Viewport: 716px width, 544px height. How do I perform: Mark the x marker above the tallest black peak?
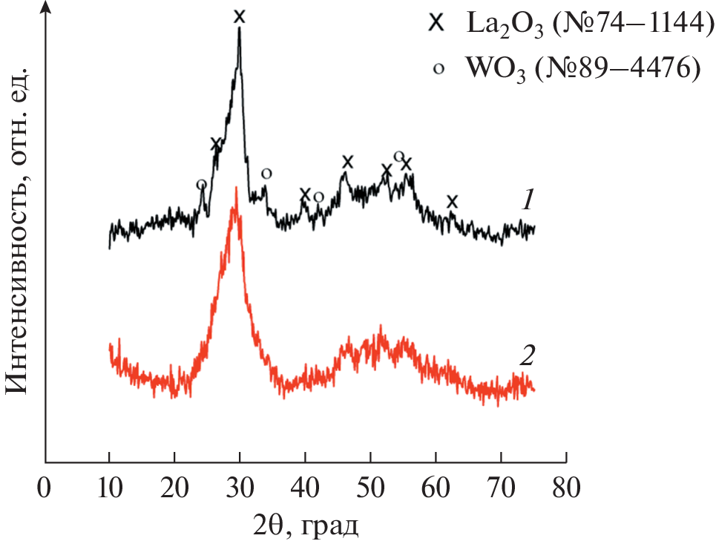tap(239, 16)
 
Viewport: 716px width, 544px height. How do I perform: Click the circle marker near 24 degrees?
tap(201, 184)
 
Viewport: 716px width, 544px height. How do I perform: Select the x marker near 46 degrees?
tap(347, 162)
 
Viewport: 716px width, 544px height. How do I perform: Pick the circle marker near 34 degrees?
tap(266, 173)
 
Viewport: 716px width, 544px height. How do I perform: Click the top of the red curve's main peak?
tap(236, 189)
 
